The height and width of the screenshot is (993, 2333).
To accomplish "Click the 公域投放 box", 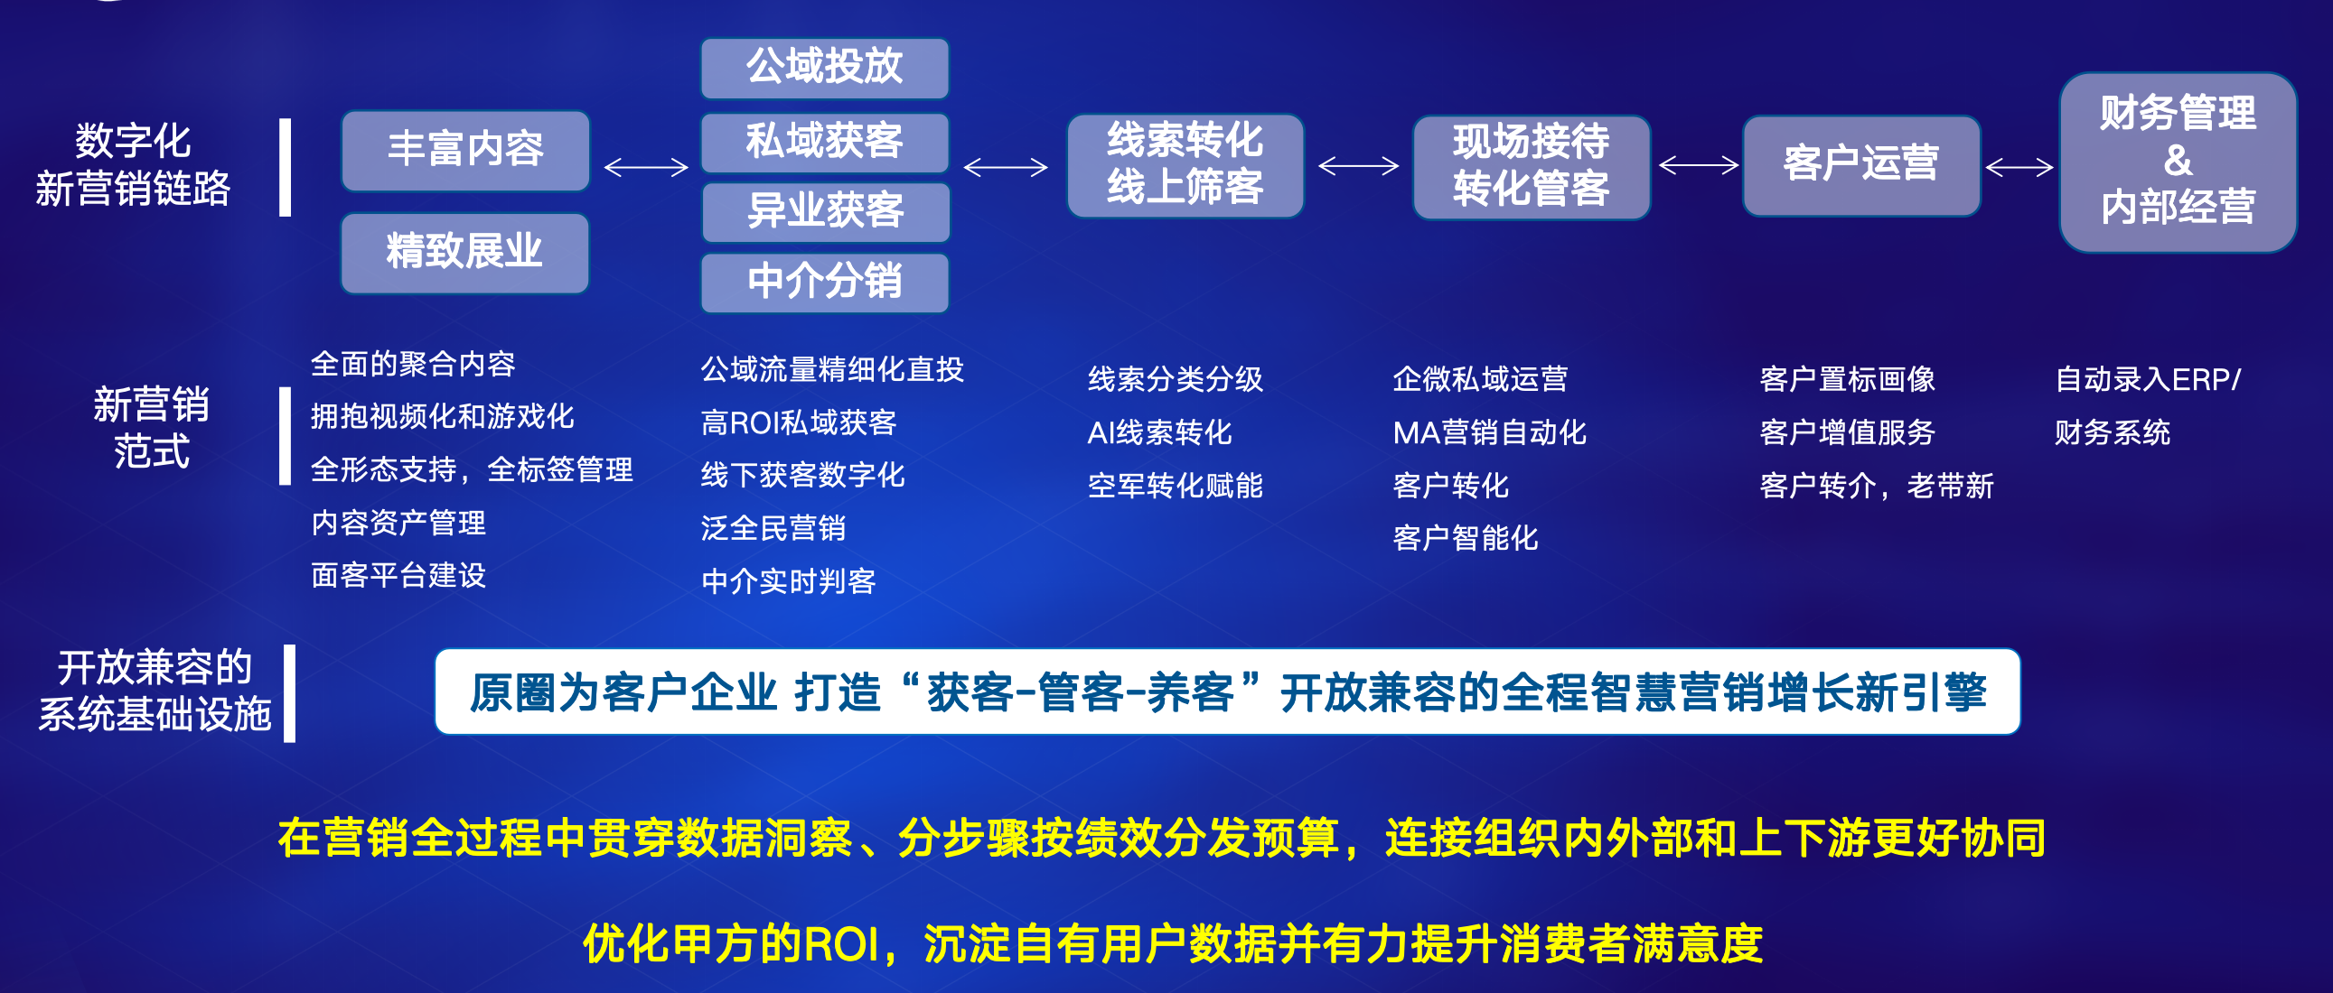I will (824, 68).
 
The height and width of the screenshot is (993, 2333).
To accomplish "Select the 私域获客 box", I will (824, 142).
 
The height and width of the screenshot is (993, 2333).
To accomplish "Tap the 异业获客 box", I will (825, 212).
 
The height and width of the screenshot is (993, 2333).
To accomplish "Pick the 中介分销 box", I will (824, 282).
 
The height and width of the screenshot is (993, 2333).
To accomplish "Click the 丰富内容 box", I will (465, 150).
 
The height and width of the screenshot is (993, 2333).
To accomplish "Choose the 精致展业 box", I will (464, 253).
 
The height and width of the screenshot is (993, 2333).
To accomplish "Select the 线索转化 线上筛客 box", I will (1185, 164).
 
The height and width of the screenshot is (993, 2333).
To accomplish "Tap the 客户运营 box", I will (1861, 164).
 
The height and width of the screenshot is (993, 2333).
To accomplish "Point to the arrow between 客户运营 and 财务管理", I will (2019, 168).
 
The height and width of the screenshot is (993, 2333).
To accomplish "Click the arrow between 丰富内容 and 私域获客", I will (646, 168).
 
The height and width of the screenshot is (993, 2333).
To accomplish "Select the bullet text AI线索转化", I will (1159, 432).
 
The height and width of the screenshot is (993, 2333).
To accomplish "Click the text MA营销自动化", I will (1489, 432).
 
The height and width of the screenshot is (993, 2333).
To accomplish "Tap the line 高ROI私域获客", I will (798, 422).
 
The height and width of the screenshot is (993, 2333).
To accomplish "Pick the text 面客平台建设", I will (398, 576).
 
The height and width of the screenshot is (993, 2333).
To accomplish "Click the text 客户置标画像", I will (1847, 379).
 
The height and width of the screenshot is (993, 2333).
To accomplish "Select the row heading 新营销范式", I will (151, 427).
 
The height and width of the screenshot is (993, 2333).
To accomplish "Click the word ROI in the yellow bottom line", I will (841, 944).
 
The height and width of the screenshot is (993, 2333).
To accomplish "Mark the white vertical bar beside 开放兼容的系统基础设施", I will (290, 693).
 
